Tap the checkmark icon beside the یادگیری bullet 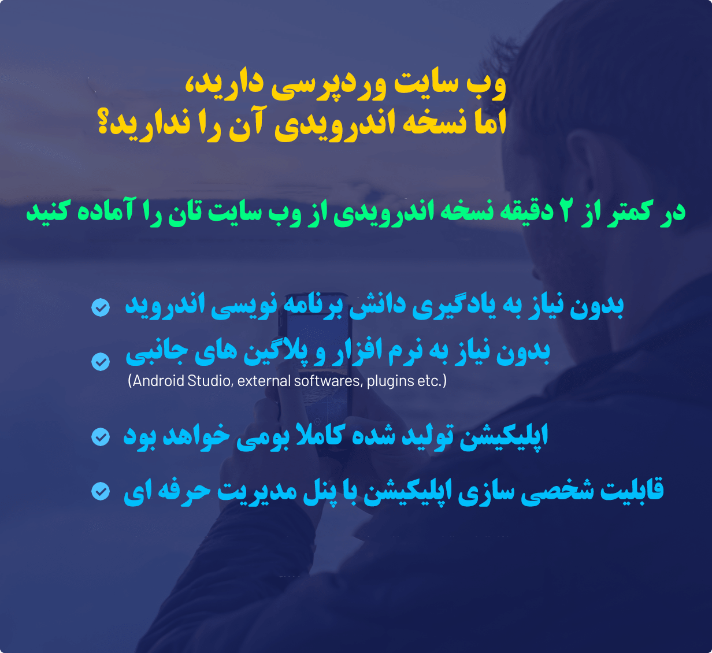click(101, 307)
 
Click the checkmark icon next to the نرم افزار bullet click(101, 362)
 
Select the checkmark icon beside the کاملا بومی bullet click(101, 436)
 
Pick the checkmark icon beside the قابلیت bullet click(101, 492)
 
